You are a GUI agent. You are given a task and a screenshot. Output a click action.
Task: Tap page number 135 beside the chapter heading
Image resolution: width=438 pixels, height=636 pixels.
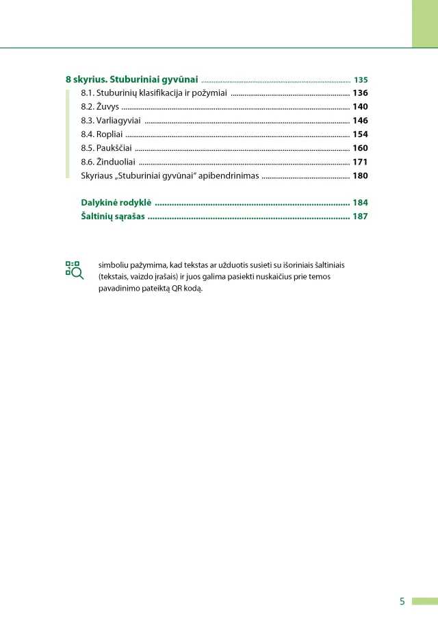tap(361, 79)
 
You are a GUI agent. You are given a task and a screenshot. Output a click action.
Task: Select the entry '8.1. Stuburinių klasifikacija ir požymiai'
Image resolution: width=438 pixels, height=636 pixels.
tap(154, 93)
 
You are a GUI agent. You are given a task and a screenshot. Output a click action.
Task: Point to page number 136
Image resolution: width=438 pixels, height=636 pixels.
tap(360, 93)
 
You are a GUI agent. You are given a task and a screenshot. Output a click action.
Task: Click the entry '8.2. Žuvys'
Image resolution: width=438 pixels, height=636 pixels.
tap(100, 106)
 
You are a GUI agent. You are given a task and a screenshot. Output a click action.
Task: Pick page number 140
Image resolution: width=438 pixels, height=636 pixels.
tap(360, 106)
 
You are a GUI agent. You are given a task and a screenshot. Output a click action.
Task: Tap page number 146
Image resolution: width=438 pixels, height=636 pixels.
tap(360, 121)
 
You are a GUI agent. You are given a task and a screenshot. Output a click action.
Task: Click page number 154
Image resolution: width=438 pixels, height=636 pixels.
tap(360, 134)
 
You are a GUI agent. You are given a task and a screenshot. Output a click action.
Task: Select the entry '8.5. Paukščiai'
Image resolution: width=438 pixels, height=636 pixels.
tap(106, 148)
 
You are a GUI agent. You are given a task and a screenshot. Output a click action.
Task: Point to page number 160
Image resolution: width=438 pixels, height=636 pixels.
tap(360, 148)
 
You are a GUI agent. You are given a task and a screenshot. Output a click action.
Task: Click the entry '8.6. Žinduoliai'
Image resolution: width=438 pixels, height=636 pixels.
tap(107, 162)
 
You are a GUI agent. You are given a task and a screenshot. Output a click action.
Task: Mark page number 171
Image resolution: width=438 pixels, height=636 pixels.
tap(360, 162)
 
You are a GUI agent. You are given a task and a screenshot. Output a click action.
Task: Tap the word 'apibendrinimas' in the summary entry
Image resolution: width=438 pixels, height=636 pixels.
tap(228, 176)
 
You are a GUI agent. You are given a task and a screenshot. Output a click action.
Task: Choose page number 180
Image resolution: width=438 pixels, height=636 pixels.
tap(360, 176)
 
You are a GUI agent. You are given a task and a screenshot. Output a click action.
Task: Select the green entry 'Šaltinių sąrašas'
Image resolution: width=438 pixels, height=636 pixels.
tap(113, 217)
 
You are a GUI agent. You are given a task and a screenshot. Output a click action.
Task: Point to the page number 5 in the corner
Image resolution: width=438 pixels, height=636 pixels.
tap(402, 602)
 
